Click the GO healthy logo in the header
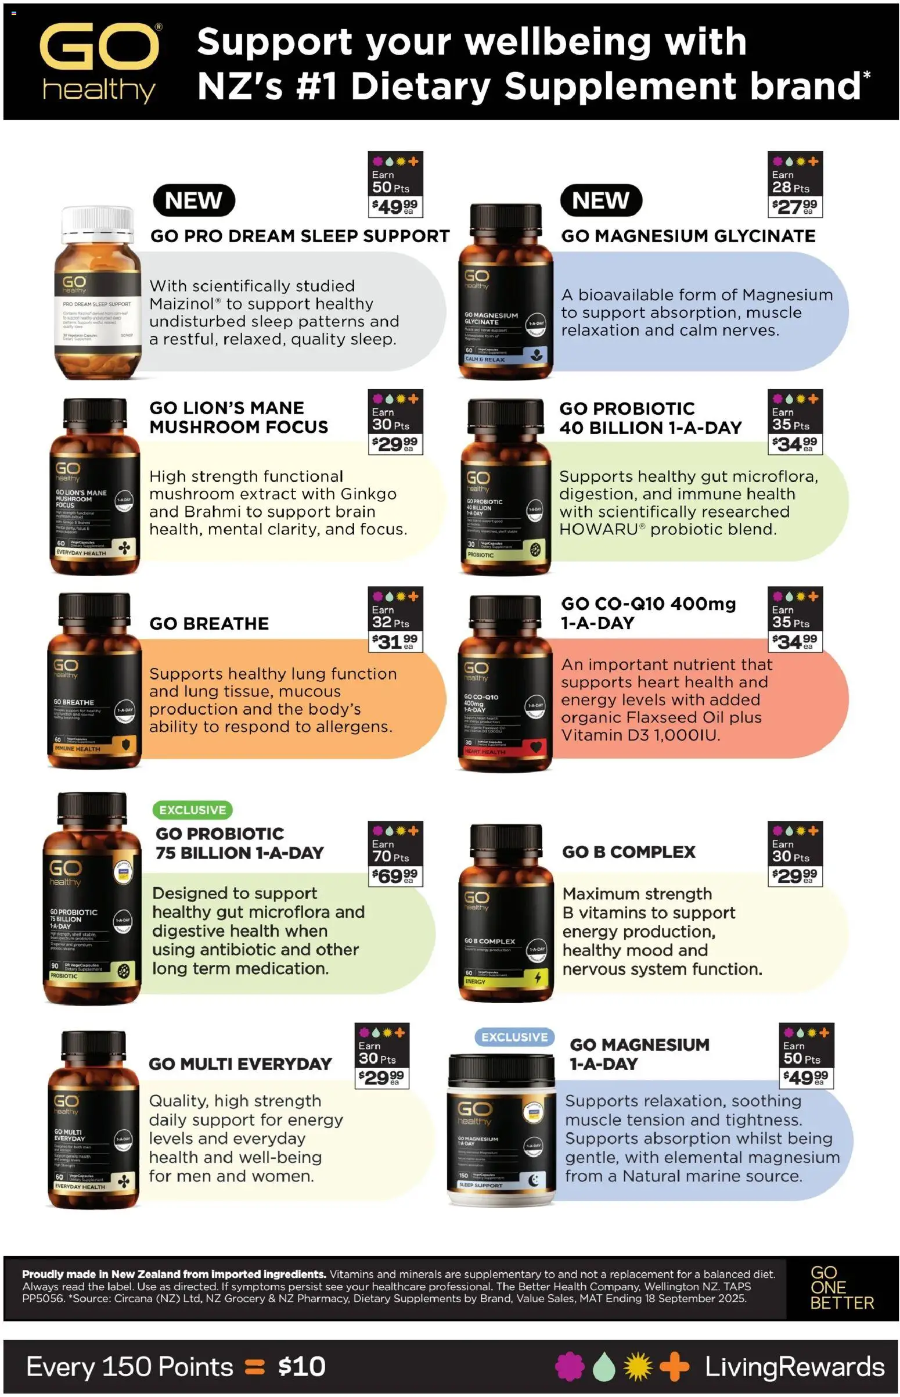click(100, 63)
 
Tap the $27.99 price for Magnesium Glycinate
click(794, 206)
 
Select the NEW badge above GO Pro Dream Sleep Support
click(193, 200)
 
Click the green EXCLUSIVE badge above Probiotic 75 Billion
click(192, 810)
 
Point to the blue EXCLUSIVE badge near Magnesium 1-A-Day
click(514, 1037)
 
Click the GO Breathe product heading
click(209, 624)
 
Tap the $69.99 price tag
click(394, 875)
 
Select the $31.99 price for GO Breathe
click(394, 642)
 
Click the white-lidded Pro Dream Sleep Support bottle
click(98, 292)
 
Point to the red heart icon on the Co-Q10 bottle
click(536, 746)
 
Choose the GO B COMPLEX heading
click(629, 852)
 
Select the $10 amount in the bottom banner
click(301, 1367)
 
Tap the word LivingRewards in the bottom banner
click(794, 1367)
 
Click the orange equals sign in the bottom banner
click(255, 1367)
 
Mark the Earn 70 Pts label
click(391, 851)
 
